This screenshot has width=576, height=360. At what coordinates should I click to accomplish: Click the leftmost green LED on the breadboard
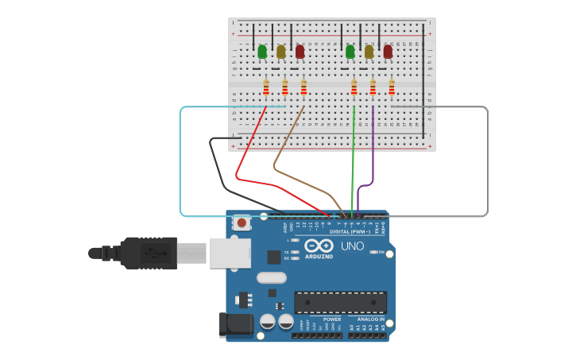pos(262,52)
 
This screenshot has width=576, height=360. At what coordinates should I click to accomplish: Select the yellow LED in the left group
pos(281,52)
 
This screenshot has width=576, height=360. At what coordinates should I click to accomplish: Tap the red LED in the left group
pos(300,52)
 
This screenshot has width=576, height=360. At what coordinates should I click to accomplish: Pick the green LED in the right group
pos(350,52)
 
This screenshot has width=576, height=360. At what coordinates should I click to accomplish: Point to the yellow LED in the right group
pos(369,52)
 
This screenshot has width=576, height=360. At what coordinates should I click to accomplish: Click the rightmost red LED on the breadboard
pos(388,52)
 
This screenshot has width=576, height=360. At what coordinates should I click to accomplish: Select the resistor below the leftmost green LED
pos(266,87)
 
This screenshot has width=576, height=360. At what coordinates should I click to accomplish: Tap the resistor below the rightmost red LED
pos(392,87)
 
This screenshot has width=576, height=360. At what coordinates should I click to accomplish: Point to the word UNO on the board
pos(352,246)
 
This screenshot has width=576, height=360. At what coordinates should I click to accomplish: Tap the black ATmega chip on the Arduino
pos(340,302)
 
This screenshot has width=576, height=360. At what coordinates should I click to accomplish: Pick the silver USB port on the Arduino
pos(230,254)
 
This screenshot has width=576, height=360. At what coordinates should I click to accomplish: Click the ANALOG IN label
pos(370,319)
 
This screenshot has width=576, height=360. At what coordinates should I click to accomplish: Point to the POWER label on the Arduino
pos(332,319)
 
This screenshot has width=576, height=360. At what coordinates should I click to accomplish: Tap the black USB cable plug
pos(148,253)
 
